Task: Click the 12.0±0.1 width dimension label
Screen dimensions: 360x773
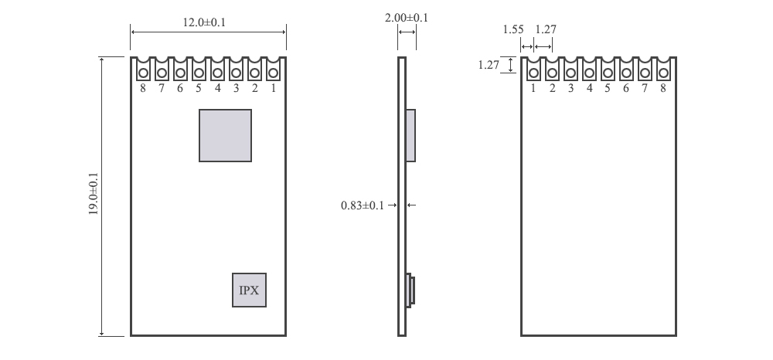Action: pyautogui.click(x=204, y=22)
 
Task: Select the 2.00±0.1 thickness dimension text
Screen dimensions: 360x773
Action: pyautogui.click(x=407, y=17)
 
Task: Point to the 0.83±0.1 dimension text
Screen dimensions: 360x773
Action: pyautogui.click(x=363, y=205)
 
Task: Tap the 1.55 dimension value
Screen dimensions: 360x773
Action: pyautogui.click(x=513, y=29)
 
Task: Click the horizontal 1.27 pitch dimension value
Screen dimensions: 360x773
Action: pyautogui.click(x=546, y=29)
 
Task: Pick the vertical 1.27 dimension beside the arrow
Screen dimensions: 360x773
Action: pyautogui.click(x=489, y=65)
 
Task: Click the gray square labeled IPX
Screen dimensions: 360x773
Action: pyautogui.click(x=250, y=290)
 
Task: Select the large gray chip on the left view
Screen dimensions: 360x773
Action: pyautogui.click(x=225, y=135)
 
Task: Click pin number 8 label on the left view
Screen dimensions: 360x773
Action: pyautogui.click(x=143, y=88)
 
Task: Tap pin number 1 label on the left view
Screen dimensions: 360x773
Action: pyautogui.click(x=273, y=88)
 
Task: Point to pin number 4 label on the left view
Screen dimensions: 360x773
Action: pyautogui.click(x=217, y=88)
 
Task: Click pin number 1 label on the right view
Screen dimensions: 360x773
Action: pyautogui.click(x=533, y=88)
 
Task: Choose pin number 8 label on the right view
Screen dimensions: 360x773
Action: pyautogui.click(x=663, y=88)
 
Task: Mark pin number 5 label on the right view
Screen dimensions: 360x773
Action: pyautogui.click(x=608, y=88)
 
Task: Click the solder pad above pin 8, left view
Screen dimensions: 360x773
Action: pyautogui.click(x=143, y=72)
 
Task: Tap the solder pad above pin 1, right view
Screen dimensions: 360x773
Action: pyautogui.click(x=533, y=72)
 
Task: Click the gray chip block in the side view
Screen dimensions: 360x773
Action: pyautogui.click(x=410, y=135)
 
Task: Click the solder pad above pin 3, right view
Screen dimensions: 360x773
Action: pyautogui.click(x=570, y=72)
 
